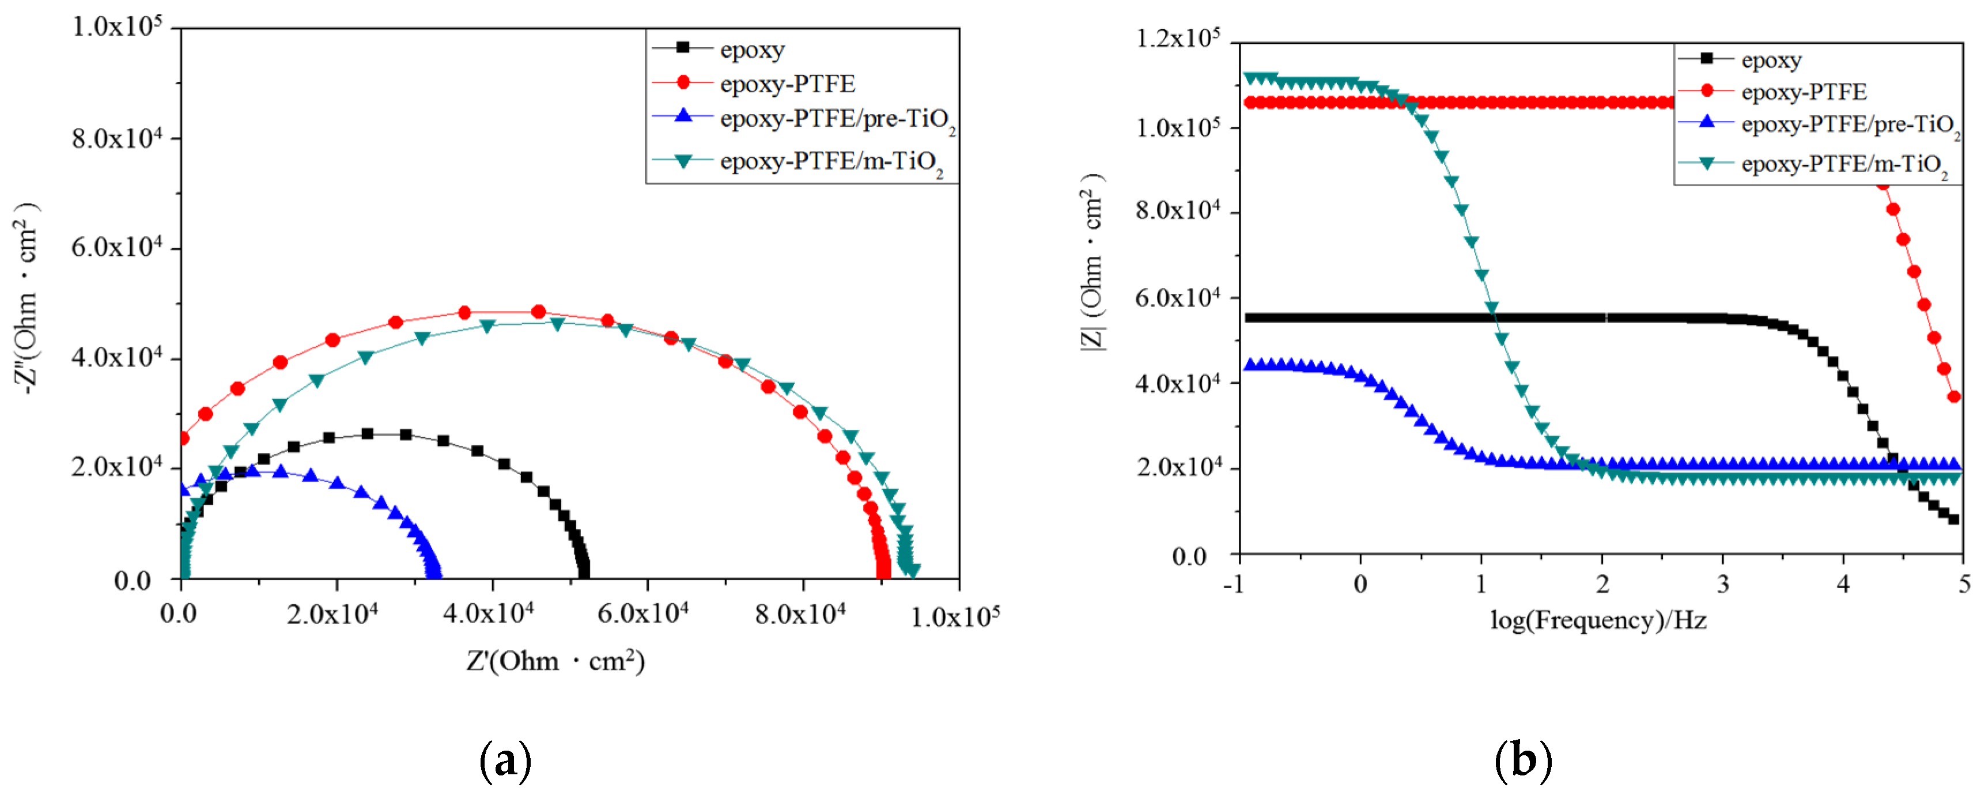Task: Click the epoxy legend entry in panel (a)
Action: coord(751,50)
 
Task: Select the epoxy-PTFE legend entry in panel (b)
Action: coord(1803,92)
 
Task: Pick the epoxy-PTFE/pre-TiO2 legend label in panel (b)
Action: coord(1849,125)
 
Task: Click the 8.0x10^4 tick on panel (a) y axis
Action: coord(116,139)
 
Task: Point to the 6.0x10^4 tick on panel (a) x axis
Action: coord(643,614)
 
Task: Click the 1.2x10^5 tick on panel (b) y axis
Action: coord(1177,39)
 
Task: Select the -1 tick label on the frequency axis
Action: coord(1233,585)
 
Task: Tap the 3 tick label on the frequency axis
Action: coord(1723,585)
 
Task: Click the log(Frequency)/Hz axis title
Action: coord(1598,620)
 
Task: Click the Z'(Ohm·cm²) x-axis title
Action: coord(555,661)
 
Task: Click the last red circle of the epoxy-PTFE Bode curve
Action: coord(1954,396)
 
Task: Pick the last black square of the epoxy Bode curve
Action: coord(1954,520)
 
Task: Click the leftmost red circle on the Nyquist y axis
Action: coord(183,438)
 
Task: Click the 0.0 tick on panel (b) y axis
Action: coord(1189,556)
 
